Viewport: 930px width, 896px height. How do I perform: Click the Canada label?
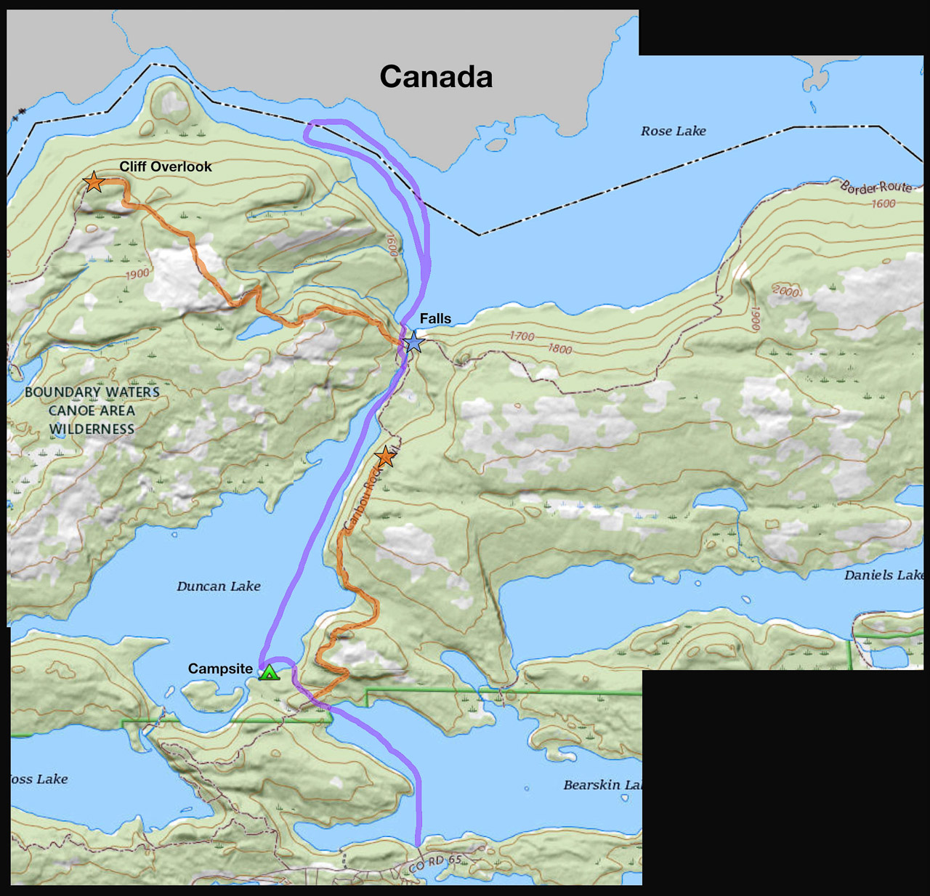[436, 77]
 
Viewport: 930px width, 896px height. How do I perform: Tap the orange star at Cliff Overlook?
[94, 182]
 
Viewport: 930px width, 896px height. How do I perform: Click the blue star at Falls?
[413, 342]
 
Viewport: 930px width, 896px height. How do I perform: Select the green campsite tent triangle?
[269, 673]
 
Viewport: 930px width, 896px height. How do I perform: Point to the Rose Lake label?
[673, 132]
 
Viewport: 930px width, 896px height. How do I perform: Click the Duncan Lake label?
[218, 586]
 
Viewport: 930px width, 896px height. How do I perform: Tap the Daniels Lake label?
[883, 576]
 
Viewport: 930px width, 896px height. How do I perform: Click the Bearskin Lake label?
[602, 785]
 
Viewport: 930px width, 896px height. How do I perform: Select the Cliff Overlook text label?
[166, 166]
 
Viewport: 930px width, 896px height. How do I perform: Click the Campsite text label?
[220, 669]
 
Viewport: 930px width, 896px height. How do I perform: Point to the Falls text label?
[435, 318]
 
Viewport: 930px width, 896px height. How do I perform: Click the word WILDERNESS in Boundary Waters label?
[92, 429]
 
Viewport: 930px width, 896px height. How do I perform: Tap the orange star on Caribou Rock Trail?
[385, 457]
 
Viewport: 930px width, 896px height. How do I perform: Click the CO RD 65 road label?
[435, 864]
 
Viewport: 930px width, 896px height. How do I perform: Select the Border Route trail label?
[876, 187]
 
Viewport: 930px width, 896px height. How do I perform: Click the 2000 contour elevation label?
[785, 291]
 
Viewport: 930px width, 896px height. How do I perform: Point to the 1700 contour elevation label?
[522, 336]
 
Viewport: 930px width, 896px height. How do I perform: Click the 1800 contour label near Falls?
[559, 349]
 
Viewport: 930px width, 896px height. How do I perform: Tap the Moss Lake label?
[39, 779]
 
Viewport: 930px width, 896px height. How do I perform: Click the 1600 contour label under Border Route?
[883, 204]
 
